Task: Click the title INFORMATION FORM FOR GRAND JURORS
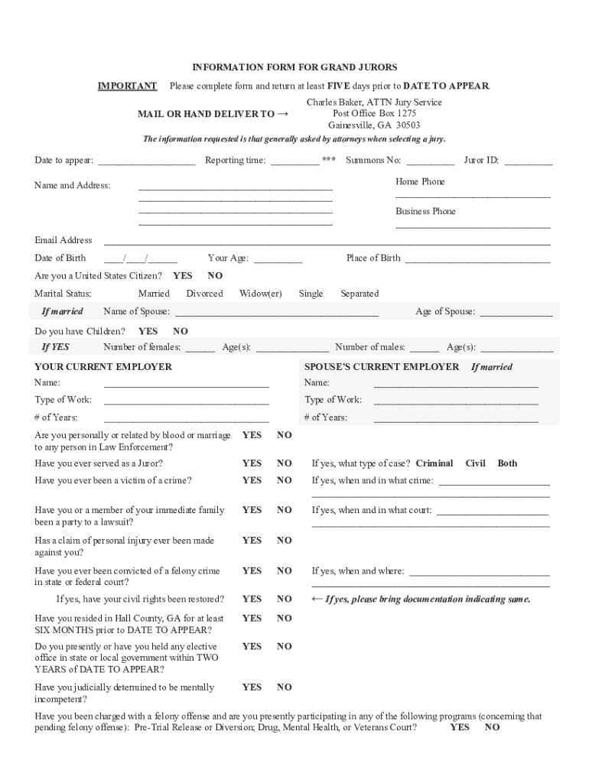pyautogui.click(x=294, y=67)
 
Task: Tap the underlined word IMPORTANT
pyautogui.click(x=127, y=86)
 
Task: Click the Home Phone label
pyautogui.click(x=420, y=182)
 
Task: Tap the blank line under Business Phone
pyautogui.click(x=473, y=226)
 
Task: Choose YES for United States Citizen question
pyautogui.click(x=183, y=275)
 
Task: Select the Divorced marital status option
pyautogui.click(x=204, y=294)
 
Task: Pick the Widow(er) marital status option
pyautogui.click(x=260, y=294)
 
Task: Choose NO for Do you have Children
pyautogui.click(x=181, y=331)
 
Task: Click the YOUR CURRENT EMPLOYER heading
pyautogui.click(x=103, y=367)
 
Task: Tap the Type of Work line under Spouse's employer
pyautogui.click(x=456, y=401)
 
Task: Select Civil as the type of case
pyautogui.click(x=475, y=463)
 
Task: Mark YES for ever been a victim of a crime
pyautogui.click(x=252, y=481)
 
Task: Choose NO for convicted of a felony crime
pyautogui.click(x=285, y=571)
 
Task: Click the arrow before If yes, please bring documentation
pyautogui.click(x=317, y=599)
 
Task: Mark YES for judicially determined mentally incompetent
pyautogui.click(x=252, y=687)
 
